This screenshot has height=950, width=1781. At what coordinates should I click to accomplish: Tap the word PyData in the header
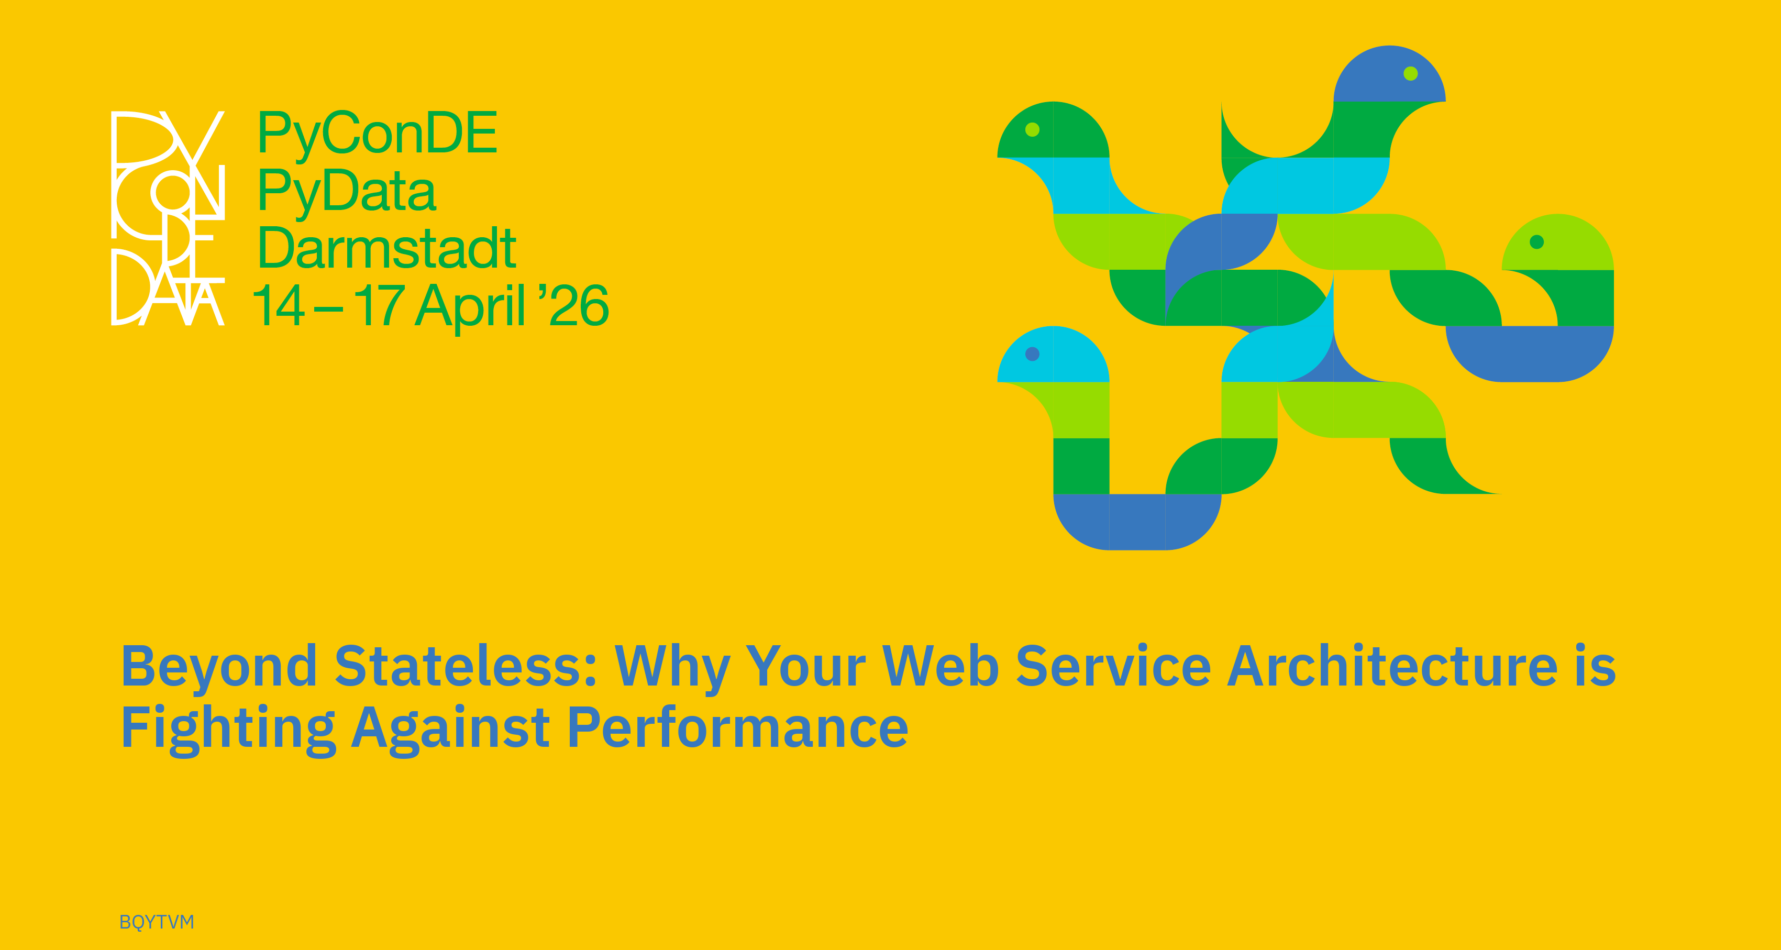coord(347,191)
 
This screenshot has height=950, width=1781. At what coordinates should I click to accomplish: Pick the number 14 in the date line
coord(279,305)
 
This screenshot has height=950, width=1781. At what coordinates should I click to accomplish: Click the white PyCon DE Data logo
coord(168,218)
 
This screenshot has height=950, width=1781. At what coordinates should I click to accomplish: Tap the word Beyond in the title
coord(218,667)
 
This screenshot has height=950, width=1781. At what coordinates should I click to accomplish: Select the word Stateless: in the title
coord(466,665)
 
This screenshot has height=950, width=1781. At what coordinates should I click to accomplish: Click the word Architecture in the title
coord(1392,665)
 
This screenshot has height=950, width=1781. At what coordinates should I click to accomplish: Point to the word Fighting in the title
coord(228,729)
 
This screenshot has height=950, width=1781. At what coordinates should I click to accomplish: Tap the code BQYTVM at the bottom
coord(157,922)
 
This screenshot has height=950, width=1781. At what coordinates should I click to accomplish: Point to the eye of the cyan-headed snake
coord(1032,354)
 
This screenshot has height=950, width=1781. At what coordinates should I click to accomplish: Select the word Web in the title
coord(941,665)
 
